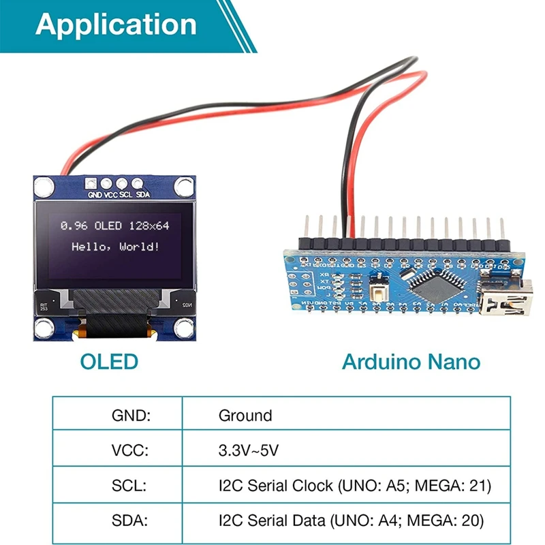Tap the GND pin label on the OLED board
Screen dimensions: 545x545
pos(95,195)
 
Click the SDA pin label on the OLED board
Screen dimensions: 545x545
pos(143,195)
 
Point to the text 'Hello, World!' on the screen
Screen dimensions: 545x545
pos(116,245)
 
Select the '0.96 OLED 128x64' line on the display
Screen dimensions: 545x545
pos(115,225)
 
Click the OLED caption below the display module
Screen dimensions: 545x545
pos(109,361)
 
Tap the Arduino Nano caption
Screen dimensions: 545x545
pos(411,361)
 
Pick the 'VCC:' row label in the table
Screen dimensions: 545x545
pos(130,450)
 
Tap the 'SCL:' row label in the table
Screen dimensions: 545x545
pos(129,486)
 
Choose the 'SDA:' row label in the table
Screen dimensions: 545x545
pos(129,521)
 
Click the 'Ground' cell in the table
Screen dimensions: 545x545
pos(245,416)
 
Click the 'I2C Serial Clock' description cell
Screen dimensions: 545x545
pos(354,486)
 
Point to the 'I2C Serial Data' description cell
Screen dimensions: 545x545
pos(351,521)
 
